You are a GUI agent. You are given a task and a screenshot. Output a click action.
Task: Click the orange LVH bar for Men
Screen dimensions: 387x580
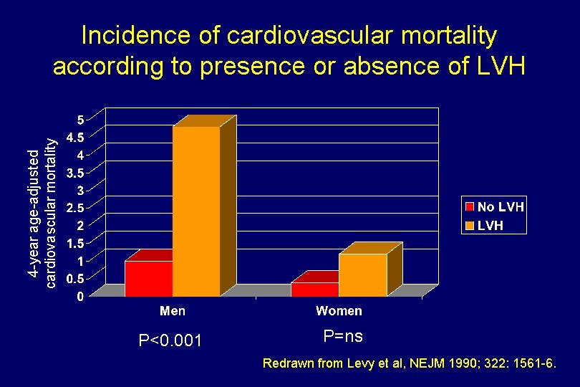tap(195, 211)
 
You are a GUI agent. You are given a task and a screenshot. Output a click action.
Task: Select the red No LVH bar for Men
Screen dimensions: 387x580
tap(149, 278)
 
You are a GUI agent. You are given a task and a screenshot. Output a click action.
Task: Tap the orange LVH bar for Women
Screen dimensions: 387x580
tap(362, 274)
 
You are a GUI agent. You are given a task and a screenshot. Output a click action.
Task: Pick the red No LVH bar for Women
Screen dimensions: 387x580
tap(314, 289)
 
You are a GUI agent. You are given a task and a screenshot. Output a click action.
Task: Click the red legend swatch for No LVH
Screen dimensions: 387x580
tap(470, 207)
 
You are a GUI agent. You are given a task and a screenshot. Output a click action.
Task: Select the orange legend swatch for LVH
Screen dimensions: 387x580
tap(470, 226)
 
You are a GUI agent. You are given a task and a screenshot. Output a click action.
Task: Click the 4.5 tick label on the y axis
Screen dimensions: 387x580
tap(75, 137)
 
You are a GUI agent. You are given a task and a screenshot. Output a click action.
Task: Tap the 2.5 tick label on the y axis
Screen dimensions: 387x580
tap(75, 208)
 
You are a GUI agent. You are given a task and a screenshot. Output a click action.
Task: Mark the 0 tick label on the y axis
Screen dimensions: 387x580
tap(81, 295)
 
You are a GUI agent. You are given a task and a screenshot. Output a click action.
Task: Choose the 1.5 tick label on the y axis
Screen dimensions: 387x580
tap(75, 243)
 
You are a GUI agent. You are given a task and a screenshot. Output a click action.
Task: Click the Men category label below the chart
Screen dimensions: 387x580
tap(173, 311)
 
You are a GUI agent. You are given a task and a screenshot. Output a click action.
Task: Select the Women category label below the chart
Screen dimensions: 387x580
tap(339, 311)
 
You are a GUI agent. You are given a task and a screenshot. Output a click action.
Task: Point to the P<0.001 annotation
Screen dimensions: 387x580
tap(170, 340)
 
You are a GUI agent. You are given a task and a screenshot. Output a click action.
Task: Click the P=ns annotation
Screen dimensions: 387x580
tap(343, 335)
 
